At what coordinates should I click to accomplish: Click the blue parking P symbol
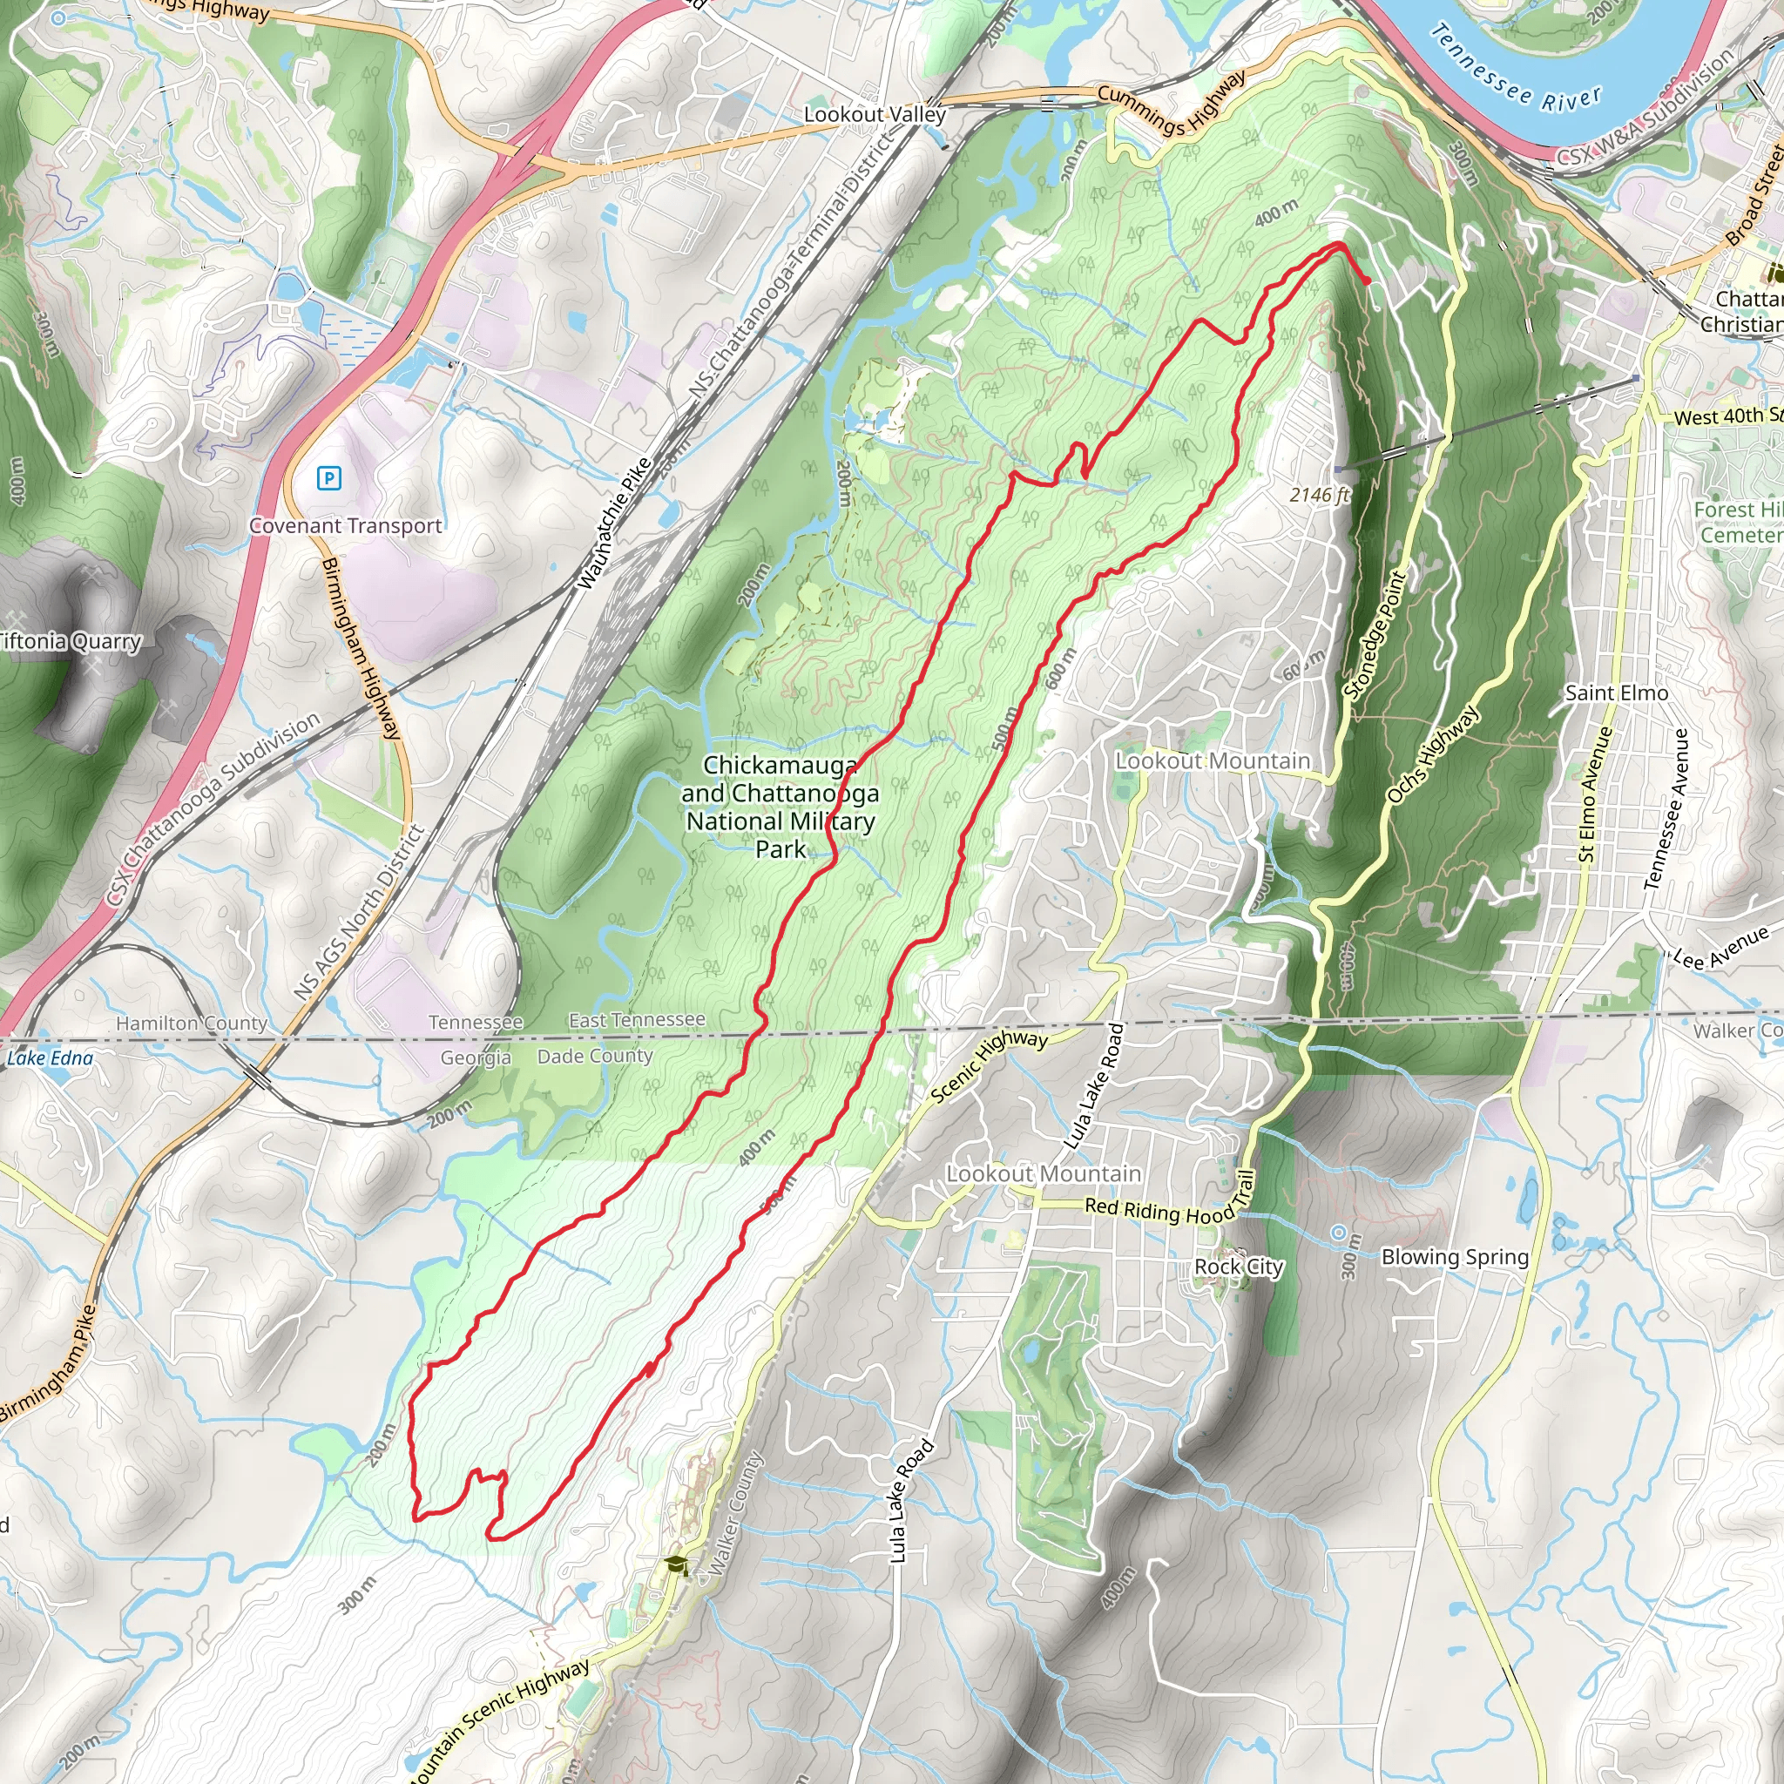click(328, 477)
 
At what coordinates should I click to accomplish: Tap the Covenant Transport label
click(345, 525)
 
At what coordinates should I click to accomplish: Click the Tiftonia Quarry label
click(71, 641)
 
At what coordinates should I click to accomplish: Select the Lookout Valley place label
click(875, 114)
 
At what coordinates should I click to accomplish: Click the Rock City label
click(1239, 1267)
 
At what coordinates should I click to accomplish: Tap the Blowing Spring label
click(1455, 1257)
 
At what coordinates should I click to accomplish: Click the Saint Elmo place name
click(1616, 693)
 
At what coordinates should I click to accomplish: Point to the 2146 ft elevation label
click(1319, 495)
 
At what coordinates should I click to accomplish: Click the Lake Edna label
click(50, 1058)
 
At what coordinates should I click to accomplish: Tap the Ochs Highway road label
click(1432, 754)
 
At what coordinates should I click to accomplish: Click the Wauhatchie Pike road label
click(615, 524)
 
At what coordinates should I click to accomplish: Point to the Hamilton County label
click(191, 1024)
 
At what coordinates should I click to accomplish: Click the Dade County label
click(595, 1056)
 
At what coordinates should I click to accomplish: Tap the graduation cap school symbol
click(677, 1564)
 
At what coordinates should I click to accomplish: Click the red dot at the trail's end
click(1367, 280)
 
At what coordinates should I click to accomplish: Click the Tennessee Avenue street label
click(1666, 809)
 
